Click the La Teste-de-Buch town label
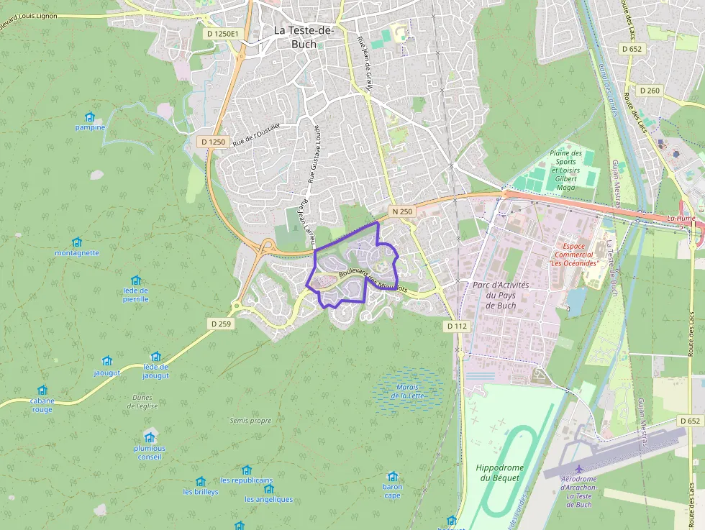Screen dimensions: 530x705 coord(304,37)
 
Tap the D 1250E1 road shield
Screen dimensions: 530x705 coord(222,34)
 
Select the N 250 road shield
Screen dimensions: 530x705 coord(402,211)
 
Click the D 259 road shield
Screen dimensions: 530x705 coord(222,324)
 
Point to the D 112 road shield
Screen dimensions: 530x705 coord(456,326)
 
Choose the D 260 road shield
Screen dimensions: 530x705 coord(649,91)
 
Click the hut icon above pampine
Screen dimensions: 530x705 coord(90,117)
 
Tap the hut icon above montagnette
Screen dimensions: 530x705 coord(77,242)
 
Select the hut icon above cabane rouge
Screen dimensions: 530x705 coord(42,390)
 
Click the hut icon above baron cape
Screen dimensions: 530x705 coord(392,476)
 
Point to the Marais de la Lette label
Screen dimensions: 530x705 coord(408,392)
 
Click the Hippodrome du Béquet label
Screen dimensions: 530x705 coord(500,472)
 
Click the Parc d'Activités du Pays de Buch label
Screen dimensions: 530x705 coord(501,295)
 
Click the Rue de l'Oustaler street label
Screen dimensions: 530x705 coord(256,134)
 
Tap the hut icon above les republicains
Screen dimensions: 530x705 coord(247,470)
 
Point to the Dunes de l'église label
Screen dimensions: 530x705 coord(142,401)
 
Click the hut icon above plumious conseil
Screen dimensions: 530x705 coord(150,437)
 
